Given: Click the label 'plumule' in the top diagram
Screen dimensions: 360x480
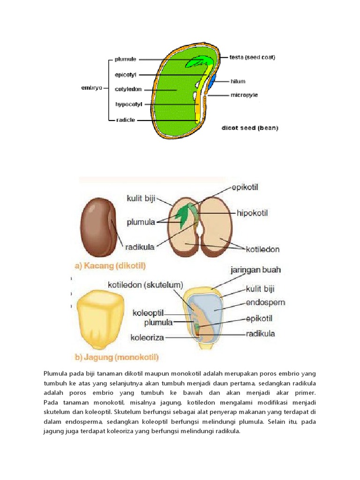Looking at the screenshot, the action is coord(125,60).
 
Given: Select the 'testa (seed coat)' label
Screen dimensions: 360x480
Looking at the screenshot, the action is coord(252,58).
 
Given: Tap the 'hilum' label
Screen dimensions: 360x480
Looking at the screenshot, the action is coord(238,81).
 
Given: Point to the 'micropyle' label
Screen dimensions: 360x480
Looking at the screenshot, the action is coord(244,95).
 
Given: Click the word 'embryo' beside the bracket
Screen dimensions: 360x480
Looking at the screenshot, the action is coord(91,88).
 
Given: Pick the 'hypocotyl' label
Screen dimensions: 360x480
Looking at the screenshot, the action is coord(128,104).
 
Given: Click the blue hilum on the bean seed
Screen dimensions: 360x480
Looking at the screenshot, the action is coord(212,81).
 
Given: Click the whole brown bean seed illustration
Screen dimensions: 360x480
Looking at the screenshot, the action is coord(98,227).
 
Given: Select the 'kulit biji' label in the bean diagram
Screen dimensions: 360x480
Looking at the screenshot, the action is coord(141,199).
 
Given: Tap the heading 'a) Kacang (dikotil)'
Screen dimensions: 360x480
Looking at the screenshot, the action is coord(111,266).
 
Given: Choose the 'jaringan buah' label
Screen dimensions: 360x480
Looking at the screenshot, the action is coord(255,270).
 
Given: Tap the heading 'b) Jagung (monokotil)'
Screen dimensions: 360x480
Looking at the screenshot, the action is coord(117,357).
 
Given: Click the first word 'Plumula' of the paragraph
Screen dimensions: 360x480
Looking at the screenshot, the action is coord(57,373).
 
